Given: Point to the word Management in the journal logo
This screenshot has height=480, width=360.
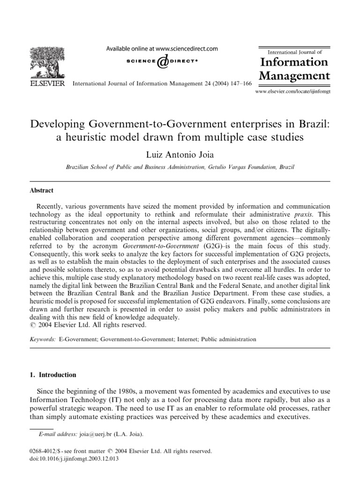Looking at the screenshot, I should pos(294,75).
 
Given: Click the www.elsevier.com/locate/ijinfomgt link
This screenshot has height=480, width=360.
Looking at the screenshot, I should pos(292,92).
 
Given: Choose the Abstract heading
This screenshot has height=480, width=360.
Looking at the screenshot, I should pos(42,190).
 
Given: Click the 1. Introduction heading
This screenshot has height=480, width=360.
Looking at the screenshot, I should pos(52,375).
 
